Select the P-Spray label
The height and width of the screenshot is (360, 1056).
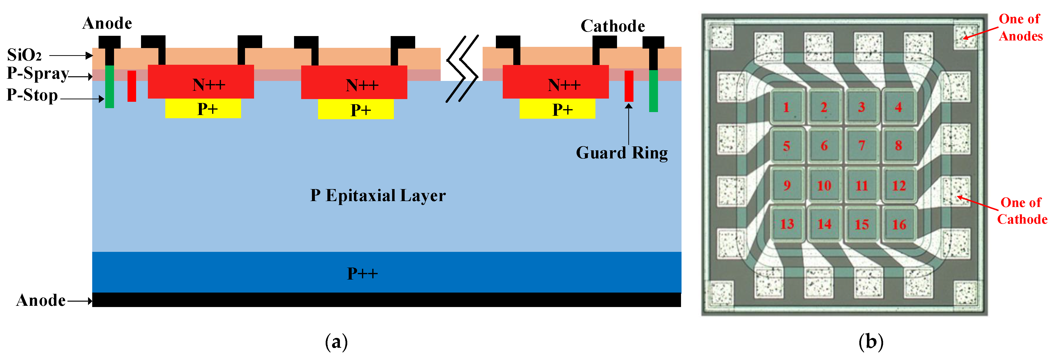pos(38,74)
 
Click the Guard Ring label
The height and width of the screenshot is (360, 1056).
pos(621,153)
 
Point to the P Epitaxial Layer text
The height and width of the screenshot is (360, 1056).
pos(378,196)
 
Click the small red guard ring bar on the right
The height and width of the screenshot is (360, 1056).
pos(629,86)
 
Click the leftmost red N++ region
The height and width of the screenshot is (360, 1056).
pos(201,82)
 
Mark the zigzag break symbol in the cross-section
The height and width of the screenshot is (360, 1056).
pos(462,69)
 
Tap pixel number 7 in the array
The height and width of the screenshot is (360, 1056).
pos(861,146)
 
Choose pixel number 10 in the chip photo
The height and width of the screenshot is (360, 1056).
pos(824,186)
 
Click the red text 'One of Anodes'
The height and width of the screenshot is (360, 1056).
pos(1020,27)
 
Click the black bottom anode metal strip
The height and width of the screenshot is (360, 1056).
pos(386,300)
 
